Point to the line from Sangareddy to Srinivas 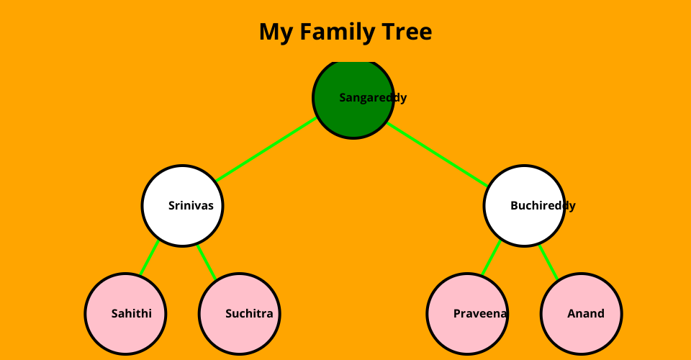pos(266,150)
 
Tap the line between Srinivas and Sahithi pos(150,258)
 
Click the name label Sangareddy pos(373,98)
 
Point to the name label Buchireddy pos(543,206)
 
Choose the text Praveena pos(480,314)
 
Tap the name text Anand pos(585,314)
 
